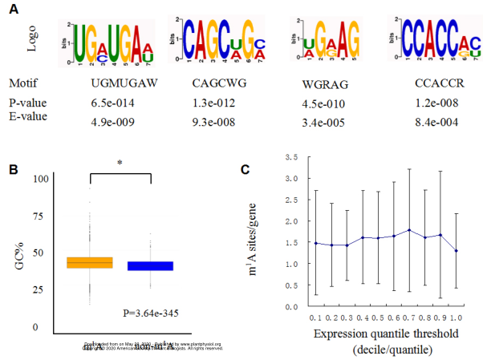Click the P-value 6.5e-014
click(116, 103)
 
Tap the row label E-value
click(28, 115)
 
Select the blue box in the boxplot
click(150, 265)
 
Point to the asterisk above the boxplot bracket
click(120, 164)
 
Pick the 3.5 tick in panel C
click(279, 157)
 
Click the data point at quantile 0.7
click(410, 230)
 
